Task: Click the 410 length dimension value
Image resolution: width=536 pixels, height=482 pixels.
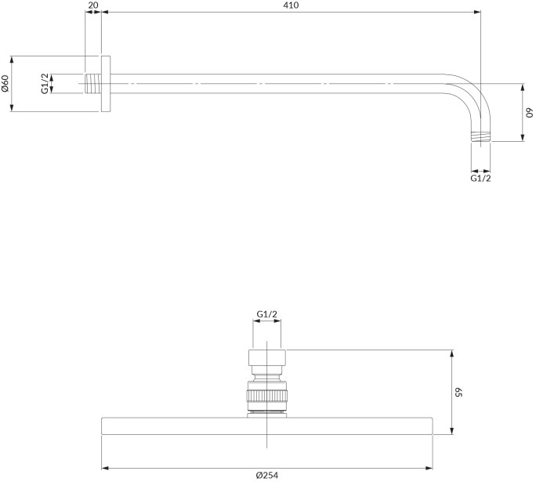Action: (291, 5)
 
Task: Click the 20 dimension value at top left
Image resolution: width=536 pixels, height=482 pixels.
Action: (92, 5)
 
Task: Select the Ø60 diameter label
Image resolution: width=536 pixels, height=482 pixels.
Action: (5, 83)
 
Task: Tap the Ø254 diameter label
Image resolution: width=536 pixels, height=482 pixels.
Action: (267, 475)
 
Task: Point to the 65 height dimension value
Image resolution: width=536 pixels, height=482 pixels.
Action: (458, 392)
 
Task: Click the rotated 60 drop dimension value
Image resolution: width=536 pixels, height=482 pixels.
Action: (529, 113)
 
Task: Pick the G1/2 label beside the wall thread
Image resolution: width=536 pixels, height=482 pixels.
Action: (45, 83)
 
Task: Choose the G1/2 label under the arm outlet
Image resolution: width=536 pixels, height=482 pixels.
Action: (480, 178)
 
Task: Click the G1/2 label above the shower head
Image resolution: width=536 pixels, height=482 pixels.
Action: (267, 313)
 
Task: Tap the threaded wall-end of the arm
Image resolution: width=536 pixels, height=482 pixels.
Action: (92, 83)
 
